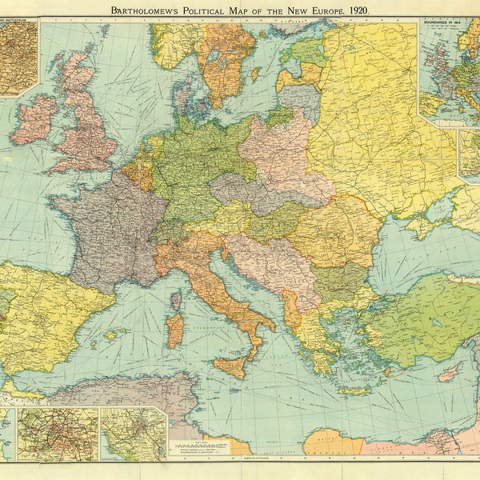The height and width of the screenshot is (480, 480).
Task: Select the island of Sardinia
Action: [x=174, y=329]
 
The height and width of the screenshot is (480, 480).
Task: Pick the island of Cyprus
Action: [x=450, y=371]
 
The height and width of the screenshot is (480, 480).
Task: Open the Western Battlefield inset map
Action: [x=18, y=56]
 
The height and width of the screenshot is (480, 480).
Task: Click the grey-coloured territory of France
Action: [x=104, y=232]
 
